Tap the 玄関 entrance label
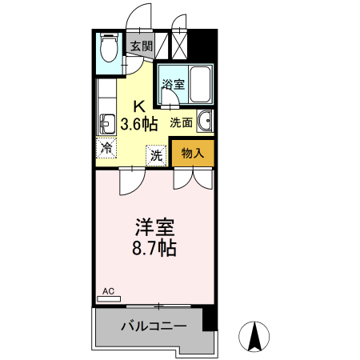coord(142,46)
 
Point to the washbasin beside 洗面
coord(204,122)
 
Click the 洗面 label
coord(181,122)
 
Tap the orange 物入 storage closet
coord(192,153)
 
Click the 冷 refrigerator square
coord(106,147)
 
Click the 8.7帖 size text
coord(154,248)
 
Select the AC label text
coord(109,293)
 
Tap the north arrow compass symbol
coord(255,335)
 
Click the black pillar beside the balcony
coord(209,318)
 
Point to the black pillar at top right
coord(206,43)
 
